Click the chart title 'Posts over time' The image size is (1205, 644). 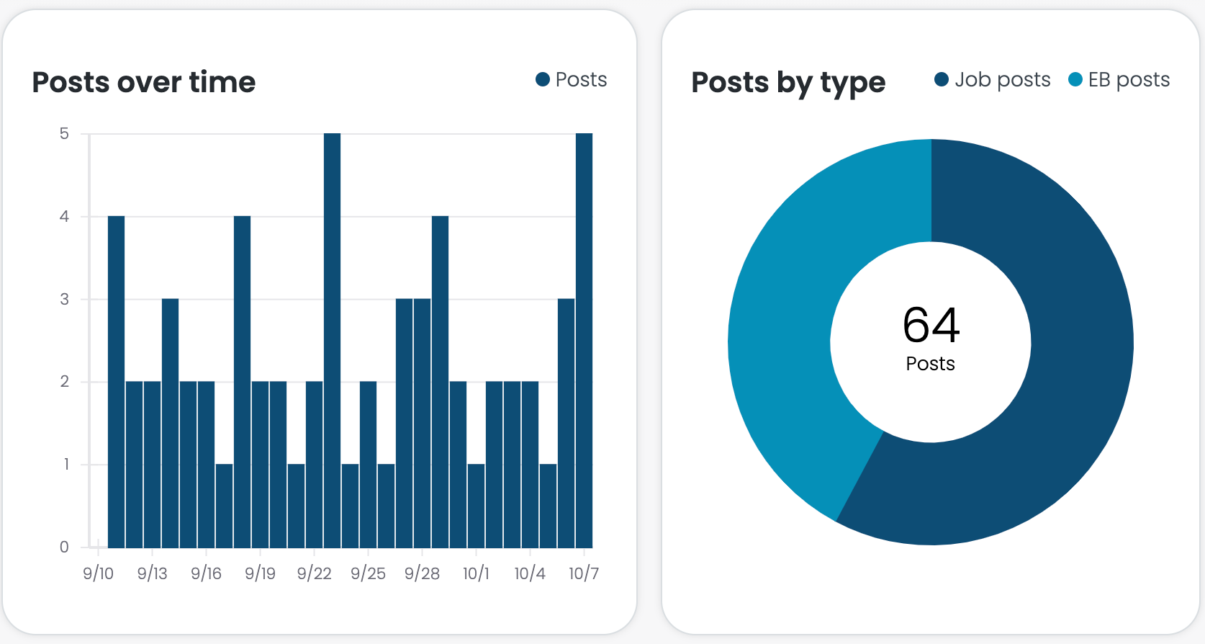[144, 82]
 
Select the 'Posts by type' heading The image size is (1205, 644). [788, 83]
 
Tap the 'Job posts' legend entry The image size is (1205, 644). [993, 79]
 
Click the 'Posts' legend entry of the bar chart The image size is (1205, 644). [572, 79]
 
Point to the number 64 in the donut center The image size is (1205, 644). [931, 325]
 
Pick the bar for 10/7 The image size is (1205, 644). [584, 339]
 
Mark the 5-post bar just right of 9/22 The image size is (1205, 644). [332, 339]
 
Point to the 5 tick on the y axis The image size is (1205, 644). [65, 134]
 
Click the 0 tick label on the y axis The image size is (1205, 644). [65, 547]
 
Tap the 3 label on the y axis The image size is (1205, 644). [65, 299]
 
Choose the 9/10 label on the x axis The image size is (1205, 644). [98, 573]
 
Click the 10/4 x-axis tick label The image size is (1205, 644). [530, 573]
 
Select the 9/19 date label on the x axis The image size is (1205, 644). [260, 573]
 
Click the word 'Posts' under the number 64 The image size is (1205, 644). [930, 364]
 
